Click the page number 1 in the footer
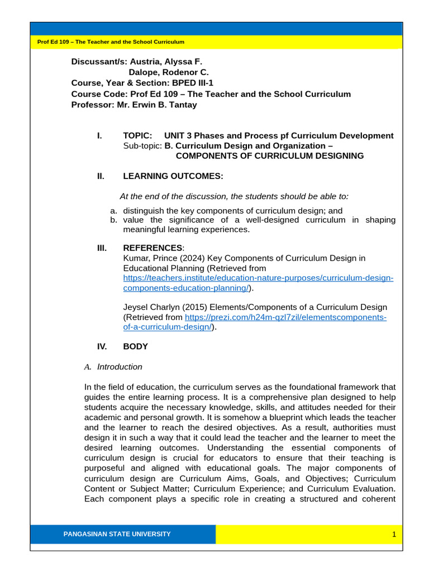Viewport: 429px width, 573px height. tap(394, 534)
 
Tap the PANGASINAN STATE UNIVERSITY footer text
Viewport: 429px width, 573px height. tap(117, 534)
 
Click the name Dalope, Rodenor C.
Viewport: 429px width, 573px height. tap(169, 72)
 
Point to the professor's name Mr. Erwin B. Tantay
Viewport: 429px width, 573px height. tap(157, 105)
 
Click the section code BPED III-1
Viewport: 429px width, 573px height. tap(193, 83)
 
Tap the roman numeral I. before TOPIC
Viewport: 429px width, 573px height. tap(99, 135)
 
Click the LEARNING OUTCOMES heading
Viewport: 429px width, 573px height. tap(173, 176)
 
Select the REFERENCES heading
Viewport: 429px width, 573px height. tap(152, 248)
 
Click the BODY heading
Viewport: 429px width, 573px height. tap(135, 346)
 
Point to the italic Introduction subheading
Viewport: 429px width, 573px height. tap(120, 367)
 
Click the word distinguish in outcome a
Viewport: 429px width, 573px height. tap(144, 211)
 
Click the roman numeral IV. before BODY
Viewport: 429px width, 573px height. tap(102, 346)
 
